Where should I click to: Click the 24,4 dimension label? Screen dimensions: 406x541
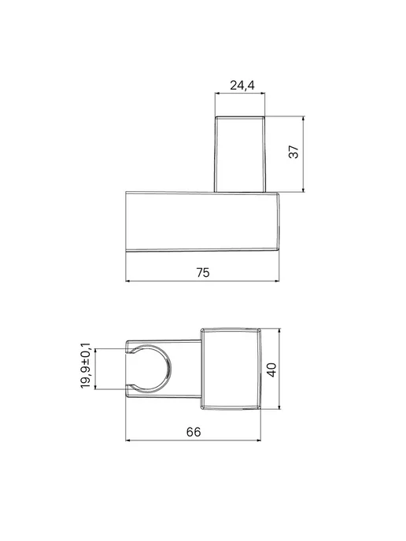[x=242, y=85]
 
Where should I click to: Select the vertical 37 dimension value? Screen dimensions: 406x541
[x=293, y=152]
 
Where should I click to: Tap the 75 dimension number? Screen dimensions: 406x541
[x=203, y=273]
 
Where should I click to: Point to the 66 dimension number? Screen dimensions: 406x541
[x=194, y=432]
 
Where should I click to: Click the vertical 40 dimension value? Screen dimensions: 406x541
[x=272, y=370]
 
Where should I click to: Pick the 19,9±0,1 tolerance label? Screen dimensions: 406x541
[x=86, y=366]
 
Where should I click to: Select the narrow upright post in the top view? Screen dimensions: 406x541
[x=240, y=154]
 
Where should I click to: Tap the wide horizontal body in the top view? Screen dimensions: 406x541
[x=202, y=222]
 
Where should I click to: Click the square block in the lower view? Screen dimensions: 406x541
[x=231, y=369]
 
